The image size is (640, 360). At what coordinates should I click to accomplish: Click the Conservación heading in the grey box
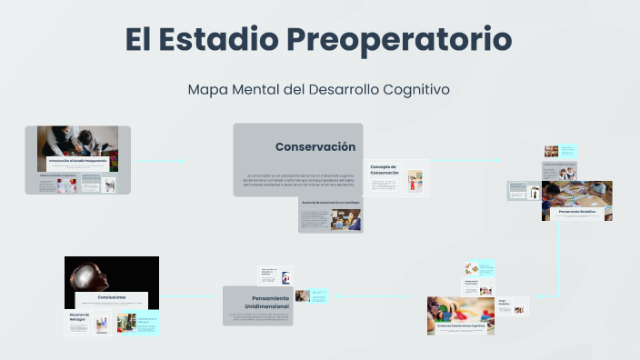click(x=315, y=146)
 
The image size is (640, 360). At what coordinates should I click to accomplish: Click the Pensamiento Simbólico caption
click(x=577, y=210)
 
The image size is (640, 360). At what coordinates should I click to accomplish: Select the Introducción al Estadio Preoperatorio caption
click(x=78, y=160)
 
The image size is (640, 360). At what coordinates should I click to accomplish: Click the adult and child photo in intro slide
click(x=78, y=140)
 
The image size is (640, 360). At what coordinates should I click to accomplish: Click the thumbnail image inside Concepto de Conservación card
click(x=415, y=181)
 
